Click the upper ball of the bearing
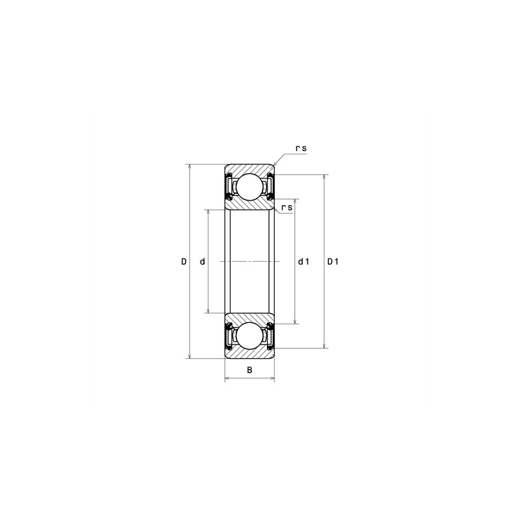[x=249, y=187]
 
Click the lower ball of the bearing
[x=249, y=335]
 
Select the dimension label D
[x=184, y=262]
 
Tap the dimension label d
[x=203, y=262]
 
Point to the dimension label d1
[x=303, y=262]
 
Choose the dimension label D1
[x=333, y=262]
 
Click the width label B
[x=249, y=370]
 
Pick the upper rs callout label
[x=301, y=148]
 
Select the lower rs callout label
[x=287, y=207]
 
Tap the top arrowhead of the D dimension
[x=190, y=167]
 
